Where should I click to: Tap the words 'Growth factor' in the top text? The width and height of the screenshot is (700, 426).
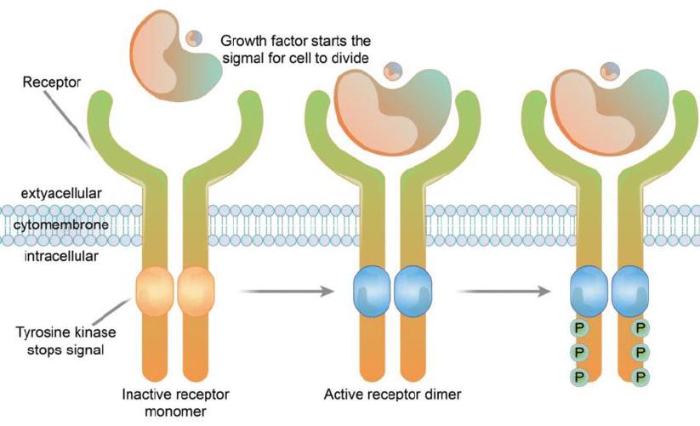(259, 40)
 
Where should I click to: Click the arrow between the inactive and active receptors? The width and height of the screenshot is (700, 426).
(286, 292)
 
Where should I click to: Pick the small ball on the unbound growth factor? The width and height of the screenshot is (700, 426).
(195, 38)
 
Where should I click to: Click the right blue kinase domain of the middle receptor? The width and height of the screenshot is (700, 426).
(413, 292)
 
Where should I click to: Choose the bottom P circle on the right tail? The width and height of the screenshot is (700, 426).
(641, 375)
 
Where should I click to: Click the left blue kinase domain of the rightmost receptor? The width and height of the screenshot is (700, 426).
(589, 292)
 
